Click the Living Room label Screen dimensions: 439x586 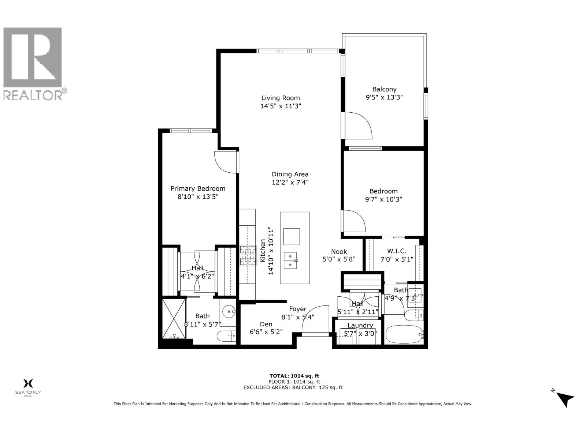pos(280,98)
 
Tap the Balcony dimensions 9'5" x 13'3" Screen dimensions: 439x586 pos(384,97)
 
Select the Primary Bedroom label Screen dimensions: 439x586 pos(198,188)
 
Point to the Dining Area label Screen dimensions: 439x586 pos(290,174)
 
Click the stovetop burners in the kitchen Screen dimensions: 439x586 pos(248,255)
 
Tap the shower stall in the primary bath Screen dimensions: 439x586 pos(174,319)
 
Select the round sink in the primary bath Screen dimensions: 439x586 pos(229,312)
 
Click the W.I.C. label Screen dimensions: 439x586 pos(397,251)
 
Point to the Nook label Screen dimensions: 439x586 pos(339,251)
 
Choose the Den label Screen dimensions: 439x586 pos(266,324)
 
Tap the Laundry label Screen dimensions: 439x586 pos(360,325)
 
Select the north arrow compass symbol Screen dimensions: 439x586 pos(565,399)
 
